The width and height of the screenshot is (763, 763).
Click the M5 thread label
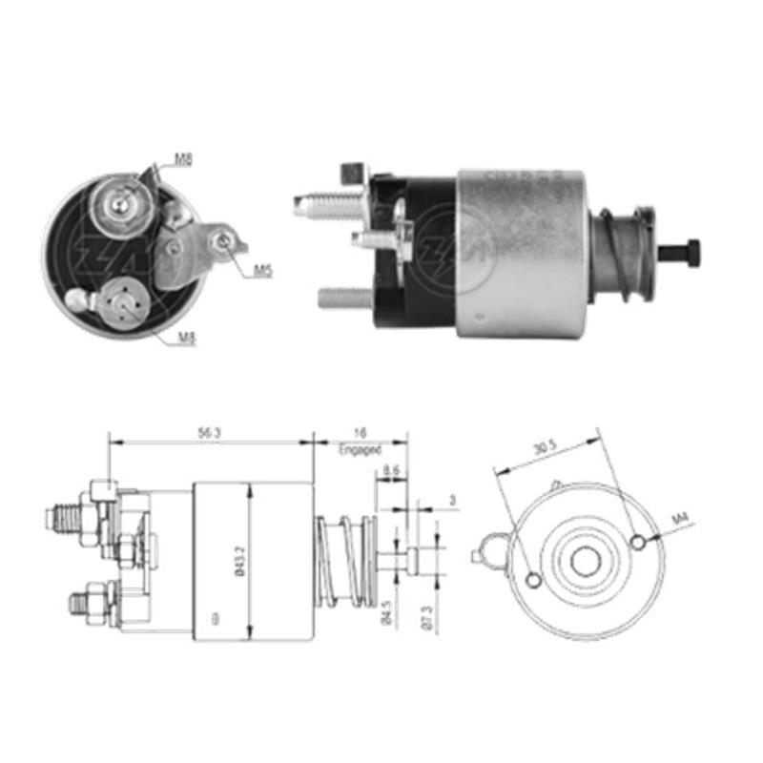pos(263,271)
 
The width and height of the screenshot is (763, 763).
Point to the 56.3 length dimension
pos(210,432)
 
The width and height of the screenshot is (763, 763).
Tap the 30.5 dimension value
pos(546,448)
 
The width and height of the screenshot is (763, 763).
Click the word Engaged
pos(360,447)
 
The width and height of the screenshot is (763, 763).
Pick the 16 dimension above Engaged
pos(359,432)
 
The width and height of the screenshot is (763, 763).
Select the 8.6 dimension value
pos(390,470)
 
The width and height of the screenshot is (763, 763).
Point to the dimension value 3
pos(452,499)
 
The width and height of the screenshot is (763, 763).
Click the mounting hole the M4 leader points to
pos(638,542)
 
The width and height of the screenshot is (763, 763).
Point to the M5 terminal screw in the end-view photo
pos(224,242)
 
